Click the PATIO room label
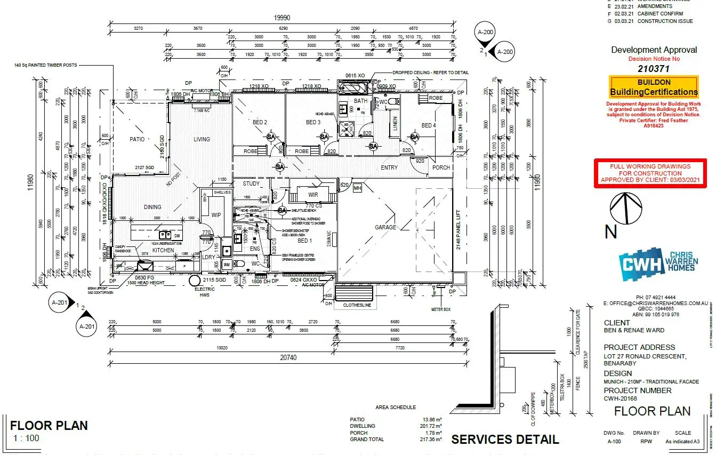tap(137, 139)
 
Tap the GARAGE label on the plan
tap(385, 227)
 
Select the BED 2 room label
tap(260, 123)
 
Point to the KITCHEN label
tap(163, 250)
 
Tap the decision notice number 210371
tap(654, 68)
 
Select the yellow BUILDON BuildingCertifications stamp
tap(654, 87)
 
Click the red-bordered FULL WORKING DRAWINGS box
tap(650, 173)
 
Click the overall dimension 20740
tap(288, 357)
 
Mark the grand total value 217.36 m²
tap(430, 440)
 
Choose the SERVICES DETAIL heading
tap(505, 440)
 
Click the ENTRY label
tap(389, 167)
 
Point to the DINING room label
tap(152, 207)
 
